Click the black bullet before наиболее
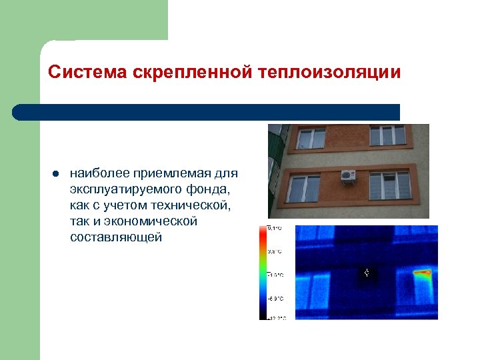point(54,174)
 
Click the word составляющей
point(115,237)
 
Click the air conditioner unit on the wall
point(349,175)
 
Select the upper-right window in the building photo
point(387,135)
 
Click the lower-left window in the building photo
point(305,189)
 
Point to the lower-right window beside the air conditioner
point(389,185)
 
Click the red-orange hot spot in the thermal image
point(421,272)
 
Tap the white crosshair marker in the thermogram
point(367,273)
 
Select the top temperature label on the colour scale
point(275,229)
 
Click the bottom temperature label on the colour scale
point(275,317)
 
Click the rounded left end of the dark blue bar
point(19,112)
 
